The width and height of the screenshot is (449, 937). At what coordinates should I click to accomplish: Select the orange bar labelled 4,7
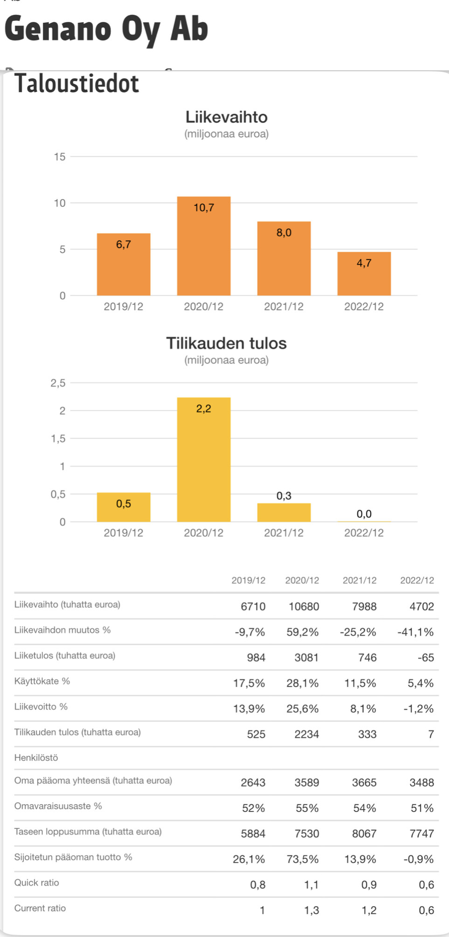coord(364,273)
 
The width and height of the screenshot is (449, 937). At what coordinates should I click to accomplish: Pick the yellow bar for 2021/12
coord(283,512)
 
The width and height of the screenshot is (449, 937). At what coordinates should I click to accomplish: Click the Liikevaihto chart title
coord(226,117)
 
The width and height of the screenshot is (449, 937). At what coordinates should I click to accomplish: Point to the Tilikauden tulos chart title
coord(226,343)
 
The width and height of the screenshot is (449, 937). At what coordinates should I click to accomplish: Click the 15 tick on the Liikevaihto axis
coord(60,157)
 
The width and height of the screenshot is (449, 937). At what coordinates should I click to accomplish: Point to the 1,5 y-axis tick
coord(58,439)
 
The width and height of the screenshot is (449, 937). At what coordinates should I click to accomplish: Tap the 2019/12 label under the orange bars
coord(123,306)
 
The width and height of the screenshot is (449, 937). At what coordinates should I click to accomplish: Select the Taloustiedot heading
coord(77,84)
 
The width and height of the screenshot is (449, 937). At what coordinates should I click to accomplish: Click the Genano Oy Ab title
coord(106,29)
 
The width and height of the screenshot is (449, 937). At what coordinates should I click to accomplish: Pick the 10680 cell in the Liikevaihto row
coord(304,606)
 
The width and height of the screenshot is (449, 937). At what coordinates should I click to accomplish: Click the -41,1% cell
coord(415,632)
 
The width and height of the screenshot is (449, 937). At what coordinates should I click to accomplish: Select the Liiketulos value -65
coord(425,658)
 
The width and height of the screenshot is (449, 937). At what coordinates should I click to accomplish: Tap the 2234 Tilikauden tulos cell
coord(306,734)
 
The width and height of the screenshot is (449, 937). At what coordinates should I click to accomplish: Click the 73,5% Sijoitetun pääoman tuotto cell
coord(302,859)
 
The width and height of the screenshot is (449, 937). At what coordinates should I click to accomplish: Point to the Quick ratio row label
coord(37,883)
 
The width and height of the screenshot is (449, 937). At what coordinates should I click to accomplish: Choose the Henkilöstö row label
coord(36,758)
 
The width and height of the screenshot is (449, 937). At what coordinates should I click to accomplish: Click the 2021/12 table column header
coord(359,580)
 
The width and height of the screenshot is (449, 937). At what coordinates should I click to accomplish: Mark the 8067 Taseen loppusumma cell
coord(364,834)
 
